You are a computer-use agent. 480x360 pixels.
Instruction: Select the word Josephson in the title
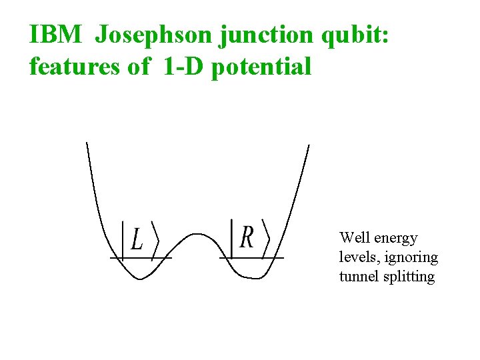[154, 35]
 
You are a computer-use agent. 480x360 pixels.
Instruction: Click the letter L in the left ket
[137, 239]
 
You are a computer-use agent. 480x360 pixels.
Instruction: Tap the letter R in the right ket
[247, 237]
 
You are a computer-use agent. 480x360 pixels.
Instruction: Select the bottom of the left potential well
[140, 279]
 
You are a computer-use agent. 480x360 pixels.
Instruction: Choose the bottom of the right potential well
[250, 278]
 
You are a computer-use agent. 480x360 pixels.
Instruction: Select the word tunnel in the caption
[358, 277]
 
